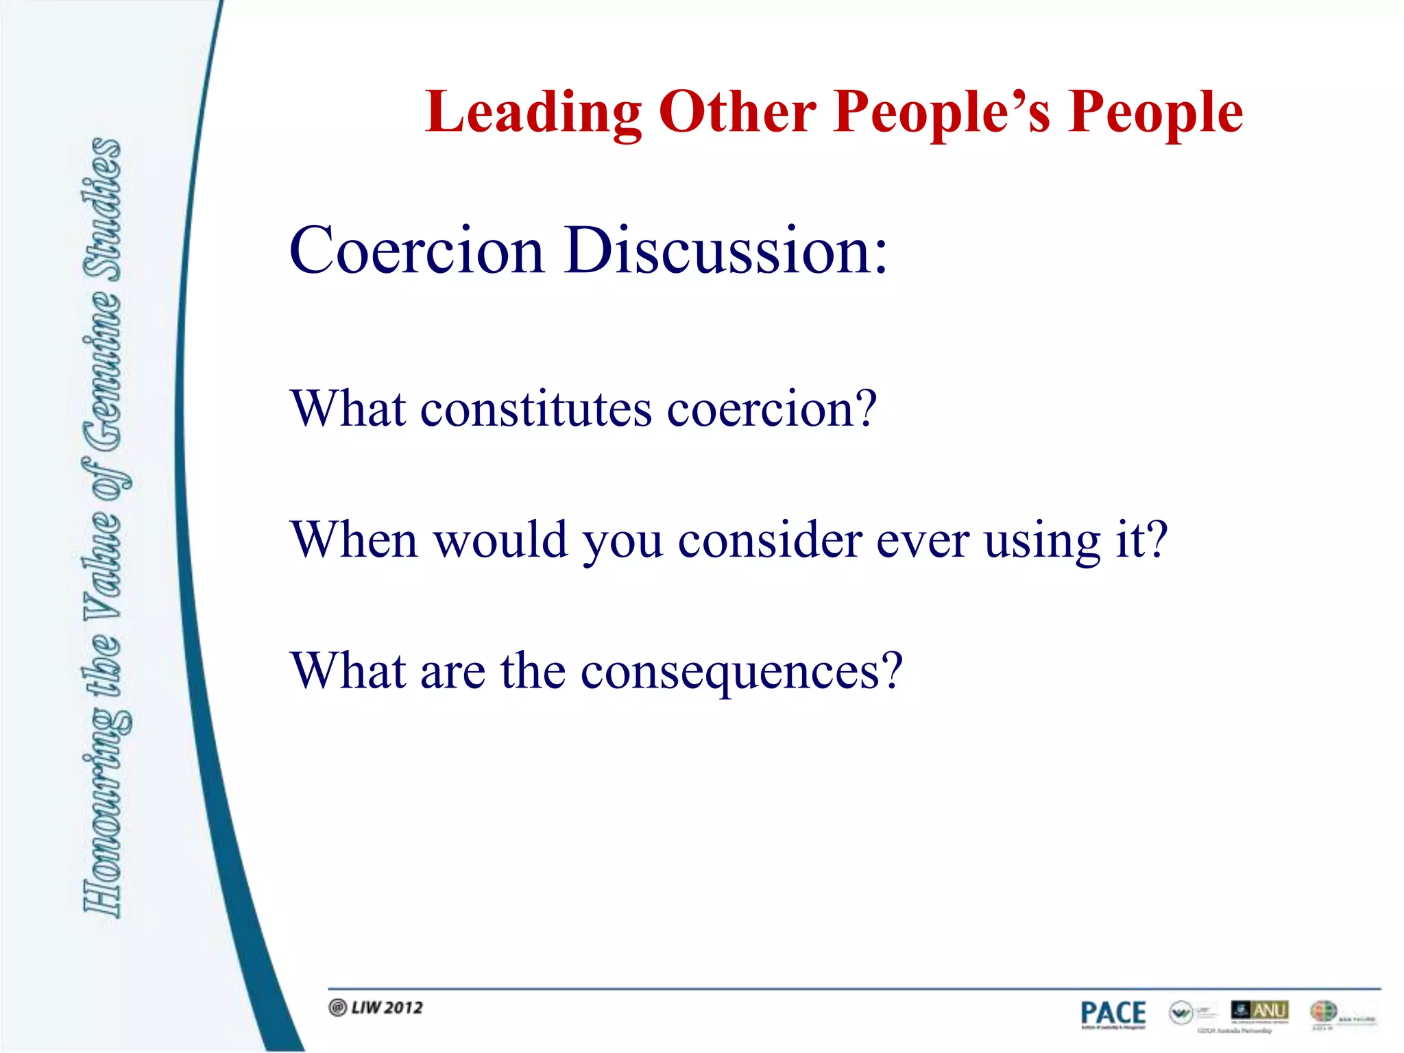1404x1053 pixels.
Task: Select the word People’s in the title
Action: pyautogui.click(x=942, y=112)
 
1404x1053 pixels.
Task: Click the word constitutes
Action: pyautogui.click(x=535, y=409)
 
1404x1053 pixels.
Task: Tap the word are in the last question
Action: pyautogui.click(x=452, y=672)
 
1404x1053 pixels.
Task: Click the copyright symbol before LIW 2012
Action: pyautogui.click(x=337, y=1007)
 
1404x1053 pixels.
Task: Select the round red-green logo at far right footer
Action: pyautogui.click(x=1322, y=1011)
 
